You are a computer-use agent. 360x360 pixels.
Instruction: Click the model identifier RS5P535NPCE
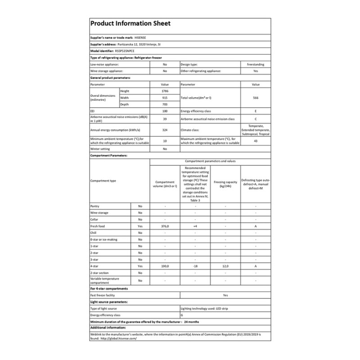coord(131,51)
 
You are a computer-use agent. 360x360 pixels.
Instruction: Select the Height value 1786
coord(164,91)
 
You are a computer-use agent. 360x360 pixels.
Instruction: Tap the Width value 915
coord(164,98)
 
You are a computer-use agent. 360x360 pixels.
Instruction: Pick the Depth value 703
coord(164,104)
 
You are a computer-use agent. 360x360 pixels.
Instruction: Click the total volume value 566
coord(255,98)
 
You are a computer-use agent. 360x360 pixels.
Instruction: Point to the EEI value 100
coord(164,111)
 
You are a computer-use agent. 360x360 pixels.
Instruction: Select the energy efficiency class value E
coord(255,111)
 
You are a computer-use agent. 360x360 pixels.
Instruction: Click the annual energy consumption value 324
coord(164,130)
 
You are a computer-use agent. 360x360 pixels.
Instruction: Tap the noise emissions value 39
coord(164,119)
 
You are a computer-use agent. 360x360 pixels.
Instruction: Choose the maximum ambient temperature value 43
coord(255,141)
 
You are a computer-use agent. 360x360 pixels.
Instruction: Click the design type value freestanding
coord(255,64)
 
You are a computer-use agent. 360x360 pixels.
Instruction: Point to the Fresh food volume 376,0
coord(164,226)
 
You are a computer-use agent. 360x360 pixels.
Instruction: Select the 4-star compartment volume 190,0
coord(164,266)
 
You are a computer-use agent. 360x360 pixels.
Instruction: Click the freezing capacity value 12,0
coord(225,266)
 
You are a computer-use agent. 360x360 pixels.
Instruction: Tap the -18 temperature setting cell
coord(195,266)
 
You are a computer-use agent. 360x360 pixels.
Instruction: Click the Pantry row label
coord(95,206)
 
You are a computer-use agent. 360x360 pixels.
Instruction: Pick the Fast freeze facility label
coord(104,295)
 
